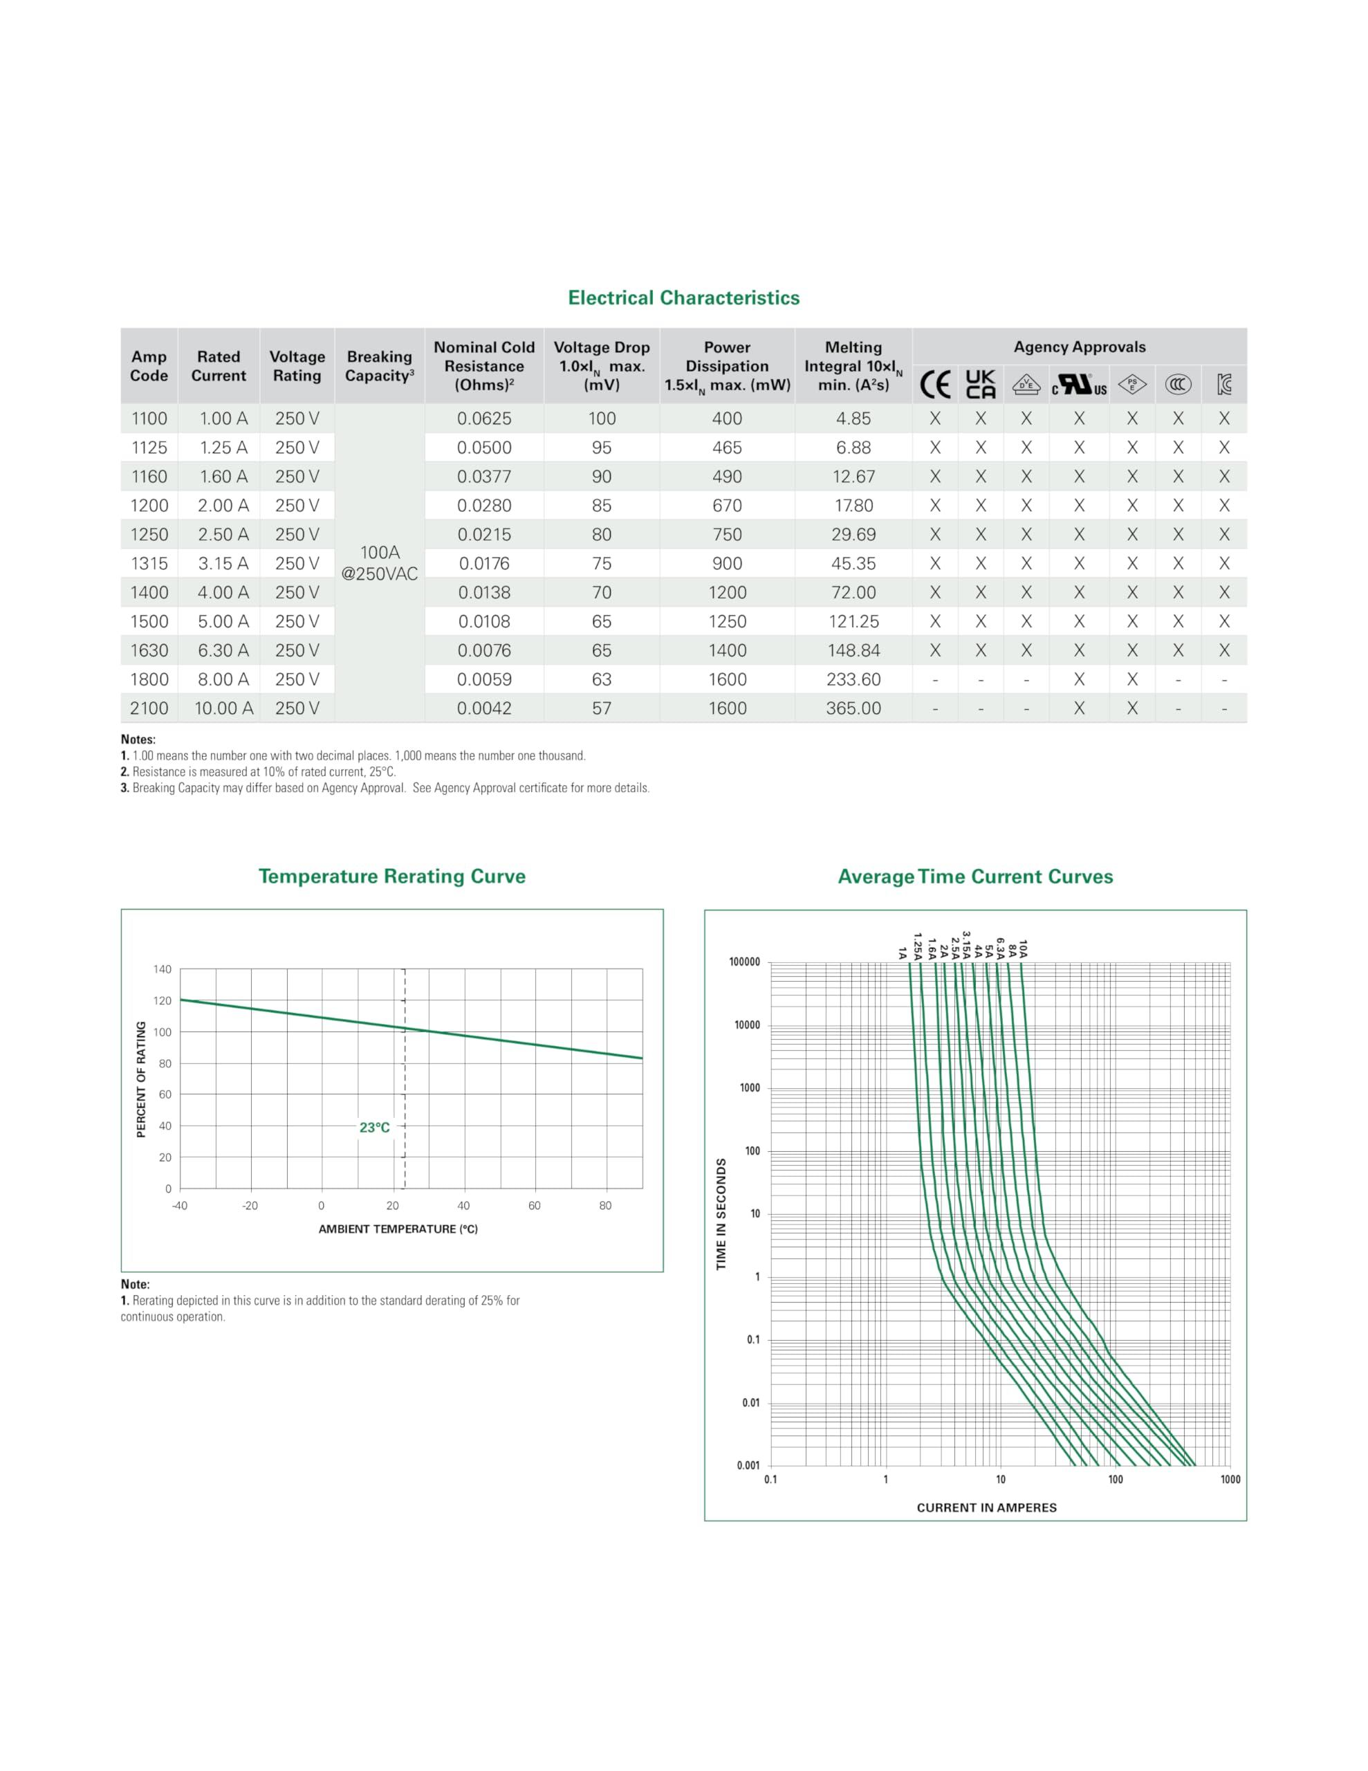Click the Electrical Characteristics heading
click(x=683, y=297)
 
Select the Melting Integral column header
click(x=853, y=366)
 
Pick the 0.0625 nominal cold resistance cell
click(x=484, y=419)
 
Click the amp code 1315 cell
click(x=149, y=564)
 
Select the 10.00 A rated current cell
click(x=224, y=708)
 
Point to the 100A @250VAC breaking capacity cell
click(x=380, y=562)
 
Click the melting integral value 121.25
click(x=853, y=622)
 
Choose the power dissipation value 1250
click(x=728, y=622)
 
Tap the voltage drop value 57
click(x=602, y=708)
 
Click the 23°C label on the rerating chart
click(x=375, y=1127)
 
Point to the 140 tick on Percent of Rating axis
click(x=162, y=969)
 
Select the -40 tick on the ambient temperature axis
click(x=179, y=1206)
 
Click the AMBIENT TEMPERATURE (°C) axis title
click(x=398, y=1229)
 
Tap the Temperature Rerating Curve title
click(x=391, y=877)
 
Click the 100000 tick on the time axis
click(x=744, y=962)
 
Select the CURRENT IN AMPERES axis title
click(x=987, y=1507)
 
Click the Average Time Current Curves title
click(x=976, y=877)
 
